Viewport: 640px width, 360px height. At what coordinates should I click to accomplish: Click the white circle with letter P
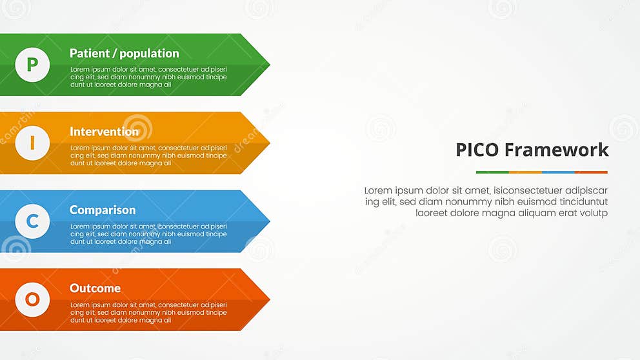pos(32,65)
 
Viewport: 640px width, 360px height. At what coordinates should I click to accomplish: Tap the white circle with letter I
pos(32,143)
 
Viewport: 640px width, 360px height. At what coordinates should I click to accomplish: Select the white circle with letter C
pos(32,221)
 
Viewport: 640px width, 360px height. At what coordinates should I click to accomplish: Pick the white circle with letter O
pos(32,299)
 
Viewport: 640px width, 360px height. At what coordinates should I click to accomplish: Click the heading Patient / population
pos(125,54)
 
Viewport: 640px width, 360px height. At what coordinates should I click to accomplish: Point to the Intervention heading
pos(104,132)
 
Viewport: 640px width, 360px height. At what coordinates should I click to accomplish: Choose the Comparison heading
pos(103,210)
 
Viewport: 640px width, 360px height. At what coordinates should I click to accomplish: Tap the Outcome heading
pos(95,288)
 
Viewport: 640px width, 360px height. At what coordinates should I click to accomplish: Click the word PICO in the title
pos(477,150)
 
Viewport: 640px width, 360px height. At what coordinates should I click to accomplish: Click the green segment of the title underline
pos(492,172)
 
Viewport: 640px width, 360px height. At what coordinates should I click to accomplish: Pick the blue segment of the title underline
pos(558,172)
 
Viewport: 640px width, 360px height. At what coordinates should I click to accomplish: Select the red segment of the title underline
pos(591,172)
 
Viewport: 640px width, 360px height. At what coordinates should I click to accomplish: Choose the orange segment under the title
pos(525,172)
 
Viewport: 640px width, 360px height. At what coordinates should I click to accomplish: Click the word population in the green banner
pos(149,54)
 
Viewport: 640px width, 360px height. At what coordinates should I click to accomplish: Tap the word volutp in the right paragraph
pos(594,213)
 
